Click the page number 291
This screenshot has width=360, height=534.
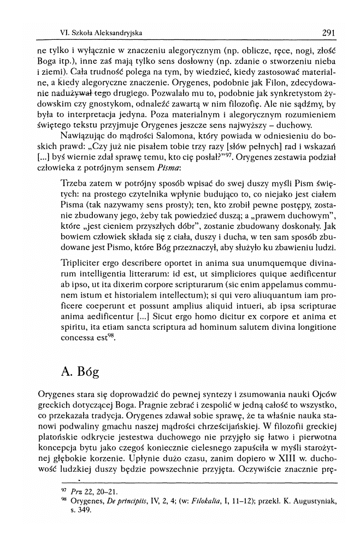coord(328,33)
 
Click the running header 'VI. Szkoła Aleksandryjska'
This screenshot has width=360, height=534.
coord(101,33)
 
